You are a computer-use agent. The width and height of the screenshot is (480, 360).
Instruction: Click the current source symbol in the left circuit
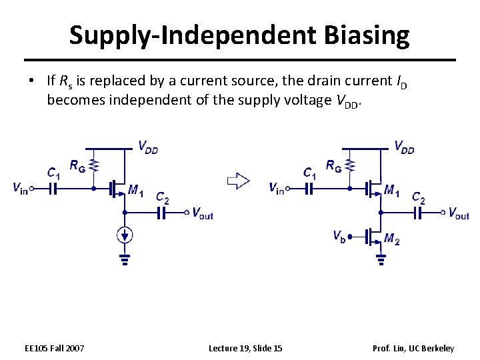(125, 235)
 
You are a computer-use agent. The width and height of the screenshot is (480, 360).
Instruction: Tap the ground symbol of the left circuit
(125, 259)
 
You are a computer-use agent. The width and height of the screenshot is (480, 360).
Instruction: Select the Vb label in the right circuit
(339, 235)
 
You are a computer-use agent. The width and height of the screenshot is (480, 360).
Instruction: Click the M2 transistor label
(393, 239)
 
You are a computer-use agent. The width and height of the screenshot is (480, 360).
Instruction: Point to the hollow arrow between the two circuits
(238, 181)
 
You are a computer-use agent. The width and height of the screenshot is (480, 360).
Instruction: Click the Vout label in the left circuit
(202, 213)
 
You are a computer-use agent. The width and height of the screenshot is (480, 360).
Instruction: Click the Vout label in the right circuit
(459, 213)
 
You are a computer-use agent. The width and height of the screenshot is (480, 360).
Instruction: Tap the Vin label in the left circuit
(20, 189)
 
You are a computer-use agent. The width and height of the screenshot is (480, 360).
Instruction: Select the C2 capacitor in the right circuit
(419, 213)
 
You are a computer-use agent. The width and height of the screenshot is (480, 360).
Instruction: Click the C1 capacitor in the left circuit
(52, 189)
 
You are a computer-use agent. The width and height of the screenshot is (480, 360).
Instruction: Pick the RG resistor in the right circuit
(350, 165)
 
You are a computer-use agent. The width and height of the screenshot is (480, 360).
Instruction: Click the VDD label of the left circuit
(148, 147)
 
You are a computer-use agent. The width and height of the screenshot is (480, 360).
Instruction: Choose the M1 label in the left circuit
(135, 192)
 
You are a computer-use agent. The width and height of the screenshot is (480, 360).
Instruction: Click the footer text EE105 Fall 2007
(54, 348)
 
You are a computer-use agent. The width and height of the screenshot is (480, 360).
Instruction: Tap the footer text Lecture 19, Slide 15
(245, 348)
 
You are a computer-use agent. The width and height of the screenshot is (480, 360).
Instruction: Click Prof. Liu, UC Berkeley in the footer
(413, 348)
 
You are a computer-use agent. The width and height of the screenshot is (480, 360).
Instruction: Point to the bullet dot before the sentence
(31, 81)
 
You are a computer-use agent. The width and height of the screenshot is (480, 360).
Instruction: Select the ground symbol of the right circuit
(381, 259)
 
